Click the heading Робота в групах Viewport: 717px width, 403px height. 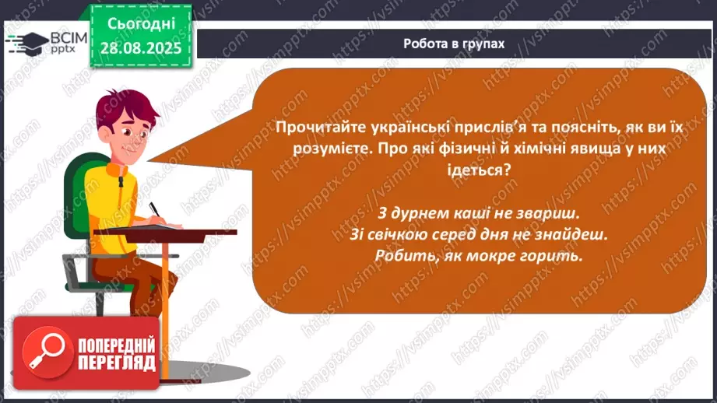point(454,44)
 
